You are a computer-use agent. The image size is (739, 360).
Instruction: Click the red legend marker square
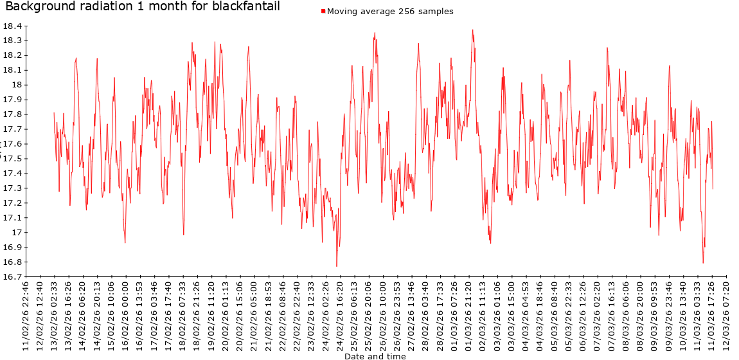(x=323, y=12)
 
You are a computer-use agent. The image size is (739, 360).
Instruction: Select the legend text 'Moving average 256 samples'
(x=390, y=12)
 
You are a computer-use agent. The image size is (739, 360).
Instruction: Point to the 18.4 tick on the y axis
(x=13, y=26)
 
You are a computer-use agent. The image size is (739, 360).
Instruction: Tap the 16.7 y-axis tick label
(x=13, y=277)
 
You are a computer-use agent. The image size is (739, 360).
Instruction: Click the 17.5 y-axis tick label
(x=13, y=159)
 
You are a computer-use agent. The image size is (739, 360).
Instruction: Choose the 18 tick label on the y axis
(x=17, y=85)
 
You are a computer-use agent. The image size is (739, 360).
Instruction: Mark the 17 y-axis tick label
(x=17, y=233)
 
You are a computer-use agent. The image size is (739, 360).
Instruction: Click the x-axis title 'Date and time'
(x=375, y=356)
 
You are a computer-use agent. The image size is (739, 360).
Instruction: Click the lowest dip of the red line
(x=337, y=266)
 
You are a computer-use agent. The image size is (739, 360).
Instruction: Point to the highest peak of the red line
(x=472, y=30)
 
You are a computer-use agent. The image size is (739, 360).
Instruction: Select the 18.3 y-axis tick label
(x=13, y=40)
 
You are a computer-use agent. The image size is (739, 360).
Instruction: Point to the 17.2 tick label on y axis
(x=13, y=203)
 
